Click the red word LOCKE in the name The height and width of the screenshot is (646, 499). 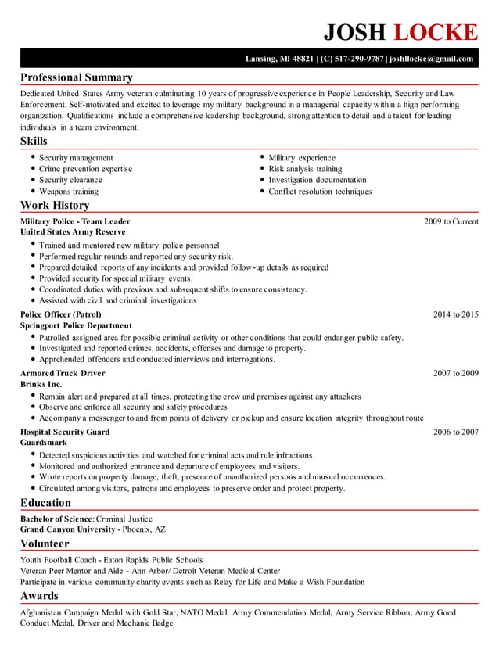[x=434, y=31]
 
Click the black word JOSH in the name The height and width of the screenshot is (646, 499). [x=355, y=31]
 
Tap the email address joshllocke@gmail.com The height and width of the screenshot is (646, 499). [x=431, y=59]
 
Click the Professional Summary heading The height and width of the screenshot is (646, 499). [x=76, y=77]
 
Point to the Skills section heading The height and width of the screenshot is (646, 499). [x=34, y=141]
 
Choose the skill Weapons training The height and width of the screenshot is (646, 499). [x=69, y=191]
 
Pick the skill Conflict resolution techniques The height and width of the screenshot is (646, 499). [x=320, y=191]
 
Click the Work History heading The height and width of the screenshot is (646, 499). [x=55, y=205]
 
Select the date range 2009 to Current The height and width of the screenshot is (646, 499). [x=451, y=221]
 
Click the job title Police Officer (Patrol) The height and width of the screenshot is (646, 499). [x=60, y=314]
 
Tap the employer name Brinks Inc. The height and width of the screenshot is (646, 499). [x=41, y=384]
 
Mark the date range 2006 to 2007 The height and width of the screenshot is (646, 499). [x=455, y=432]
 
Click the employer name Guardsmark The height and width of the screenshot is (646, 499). [x=43, y=443]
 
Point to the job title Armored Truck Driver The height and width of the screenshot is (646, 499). [x=63, y=373]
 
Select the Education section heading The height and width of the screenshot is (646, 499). [x=45, y=502]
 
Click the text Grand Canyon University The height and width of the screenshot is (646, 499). [x=68, y=529]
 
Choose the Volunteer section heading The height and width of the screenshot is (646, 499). [x=45, y=543]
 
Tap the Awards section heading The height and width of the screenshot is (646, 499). [x=39, y=595]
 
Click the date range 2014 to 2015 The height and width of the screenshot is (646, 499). [x=455, y=314]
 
